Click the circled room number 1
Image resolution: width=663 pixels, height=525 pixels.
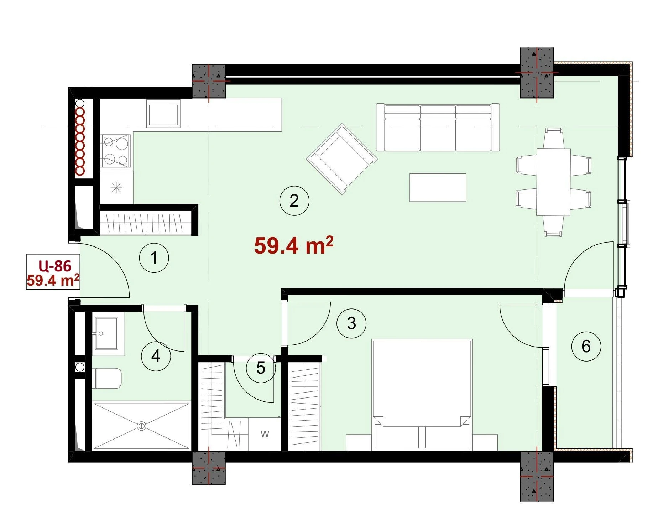point(154,258)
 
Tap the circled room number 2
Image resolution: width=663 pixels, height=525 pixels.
point(294,201)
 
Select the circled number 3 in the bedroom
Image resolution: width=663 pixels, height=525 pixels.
point(351,323)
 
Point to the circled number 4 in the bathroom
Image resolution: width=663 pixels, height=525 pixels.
point(156,356)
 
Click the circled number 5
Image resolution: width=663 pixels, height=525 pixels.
point(261,368)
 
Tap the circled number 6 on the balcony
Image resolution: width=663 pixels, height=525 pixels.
point(586,346)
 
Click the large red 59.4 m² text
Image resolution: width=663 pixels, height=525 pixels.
point(294,246)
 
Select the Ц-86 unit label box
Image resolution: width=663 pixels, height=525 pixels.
point(53,272)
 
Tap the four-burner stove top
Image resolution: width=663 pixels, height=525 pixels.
point(115,151)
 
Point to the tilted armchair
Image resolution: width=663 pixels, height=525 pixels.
point(342,159)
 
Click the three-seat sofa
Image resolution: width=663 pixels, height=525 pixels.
point(438,128)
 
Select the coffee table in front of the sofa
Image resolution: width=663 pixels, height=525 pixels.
point(438,188)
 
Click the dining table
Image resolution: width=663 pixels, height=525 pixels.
point(554,182)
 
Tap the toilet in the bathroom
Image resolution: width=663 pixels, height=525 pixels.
point(109,378)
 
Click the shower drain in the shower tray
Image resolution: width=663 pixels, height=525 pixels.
point(142,426)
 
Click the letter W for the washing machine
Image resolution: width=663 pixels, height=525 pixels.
point(265,434)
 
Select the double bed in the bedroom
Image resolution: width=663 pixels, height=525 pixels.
point(422,394)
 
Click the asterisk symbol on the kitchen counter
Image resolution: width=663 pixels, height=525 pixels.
point(116,188)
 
